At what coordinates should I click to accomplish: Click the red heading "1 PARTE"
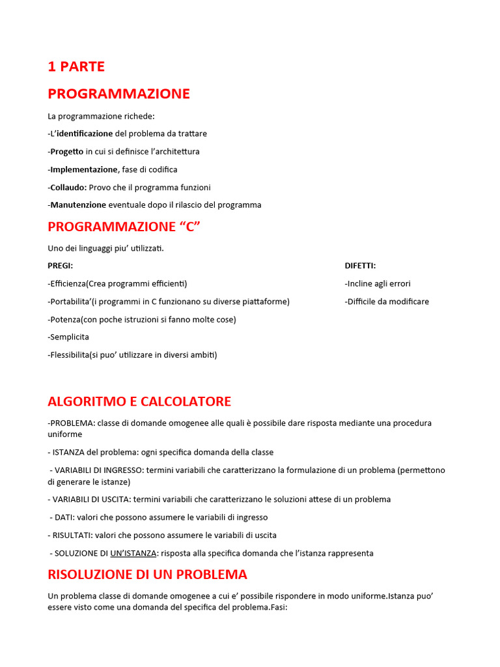(76, 66)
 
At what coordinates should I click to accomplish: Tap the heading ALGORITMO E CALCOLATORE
(139, 401)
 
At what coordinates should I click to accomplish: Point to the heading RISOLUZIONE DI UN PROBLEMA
(147, 575)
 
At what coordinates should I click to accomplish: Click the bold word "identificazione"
(85, 134)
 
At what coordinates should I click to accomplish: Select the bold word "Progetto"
(67, 151)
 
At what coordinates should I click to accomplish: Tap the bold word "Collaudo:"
(68, 187)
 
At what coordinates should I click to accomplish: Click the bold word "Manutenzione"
(78, 205)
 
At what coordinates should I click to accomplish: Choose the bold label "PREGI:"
(61, 266)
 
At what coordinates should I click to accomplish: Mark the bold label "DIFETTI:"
(360, 266)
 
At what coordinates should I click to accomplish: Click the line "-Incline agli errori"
(378, 283)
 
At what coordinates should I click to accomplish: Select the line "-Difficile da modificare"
(387, 302)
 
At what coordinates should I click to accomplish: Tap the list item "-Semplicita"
(68, 337)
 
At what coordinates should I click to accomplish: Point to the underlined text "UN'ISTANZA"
(133, 553)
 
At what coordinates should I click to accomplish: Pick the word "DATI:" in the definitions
(66, 517)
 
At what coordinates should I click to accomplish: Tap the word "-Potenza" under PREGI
(64, 319)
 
